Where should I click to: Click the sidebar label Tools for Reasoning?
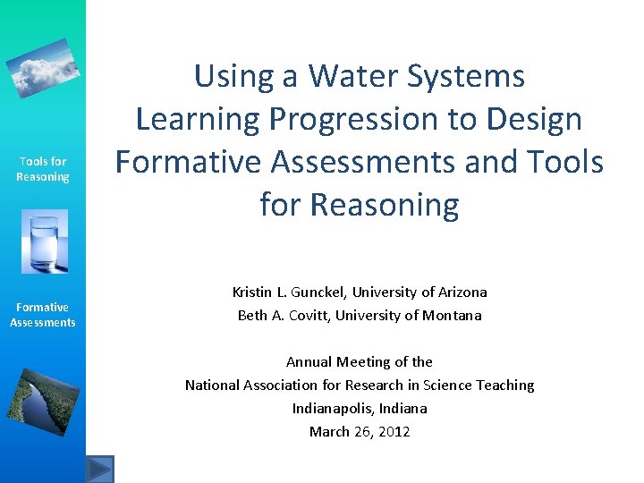(43, 169)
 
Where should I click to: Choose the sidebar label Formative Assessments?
(43, 315)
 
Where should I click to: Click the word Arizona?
(461, 292)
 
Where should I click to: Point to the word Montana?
(453, 315)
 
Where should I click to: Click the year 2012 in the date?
(394, 432)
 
